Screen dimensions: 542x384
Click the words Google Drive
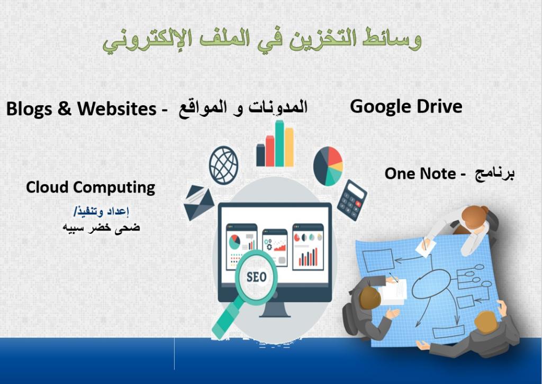pyautogui.click(x=406, y=107)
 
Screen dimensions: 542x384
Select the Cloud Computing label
pyautogui.click(x=91, y=188)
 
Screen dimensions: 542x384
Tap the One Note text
pyautogui.click(x=420, y=173)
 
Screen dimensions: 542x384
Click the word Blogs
pyautogui.click(x=29, y=109)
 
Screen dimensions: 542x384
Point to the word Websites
pyautogui.click(x=117, y=108)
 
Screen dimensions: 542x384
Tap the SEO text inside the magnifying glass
pyautogui.click(x=257, y=277)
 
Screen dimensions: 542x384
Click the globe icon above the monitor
pyautogui.click(x=224, y=165)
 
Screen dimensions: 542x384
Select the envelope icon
pyautogui.click(x=198, y=203)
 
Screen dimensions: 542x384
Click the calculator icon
pyautogui.click(x=352, y=200)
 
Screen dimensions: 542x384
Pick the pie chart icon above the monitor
pyautogui.click(x=328, y=166)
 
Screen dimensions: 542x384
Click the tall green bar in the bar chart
pyautogui.click(x=279, y=143)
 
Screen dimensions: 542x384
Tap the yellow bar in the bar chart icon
pyautogui.click(x=289, y=147)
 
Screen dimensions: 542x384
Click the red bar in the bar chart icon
pyautogui.click(x=270, y=151)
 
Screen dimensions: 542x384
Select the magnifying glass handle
pyautogui.click(x=227, y=318)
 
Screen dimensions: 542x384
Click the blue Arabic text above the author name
pyautogui.click(x=101, y=211)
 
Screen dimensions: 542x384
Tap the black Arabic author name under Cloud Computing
pyautogui.click(x=101, y=227)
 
